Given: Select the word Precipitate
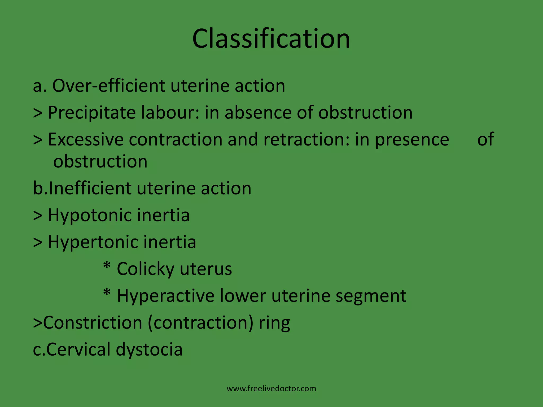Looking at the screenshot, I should (x=92, y=113).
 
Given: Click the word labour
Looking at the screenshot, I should (x=170, y=112).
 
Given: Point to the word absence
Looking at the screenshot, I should (x=258, y=112).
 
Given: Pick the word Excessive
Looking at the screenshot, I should (x=86, y=139).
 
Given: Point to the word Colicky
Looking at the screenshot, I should (x=145, y=269).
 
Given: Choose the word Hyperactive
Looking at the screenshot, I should (x=165, y=296).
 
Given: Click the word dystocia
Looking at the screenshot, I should (x=149, y=350).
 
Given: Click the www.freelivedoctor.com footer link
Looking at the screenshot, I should (x=271, y=388).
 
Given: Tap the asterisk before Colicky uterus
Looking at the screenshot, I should (x=107, y=266).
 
